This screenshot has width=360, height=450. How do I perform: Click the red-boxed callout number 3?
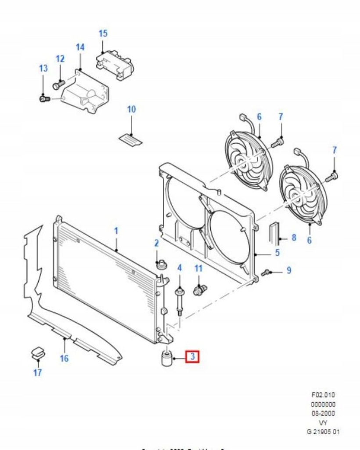click(x=192, y=357)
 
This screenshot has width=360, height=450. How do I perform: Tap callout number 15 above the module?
click(x=103, y=33)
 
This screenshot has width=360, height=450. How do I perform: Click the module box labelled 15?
click(x=115, y=64)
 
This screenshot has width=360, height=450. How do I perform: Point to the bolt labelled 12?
click(x=58, y=85)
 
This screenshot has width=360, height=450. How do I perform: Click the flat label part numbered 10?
click(x=131, y=138)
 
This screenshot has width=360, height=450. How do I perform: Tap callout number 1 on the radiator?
click(x=116, y=230)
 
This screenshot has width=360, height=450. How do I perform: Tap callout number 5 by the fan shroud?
click(x=277, y=253)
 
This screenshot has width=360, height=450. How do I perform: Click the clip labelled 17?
click(x=38, y=353)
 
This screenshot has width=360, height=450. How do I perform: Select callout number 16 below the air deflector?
click(x=64, y=359)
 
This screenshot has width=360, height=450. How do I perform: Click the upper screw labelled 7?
click(x=278, y=142)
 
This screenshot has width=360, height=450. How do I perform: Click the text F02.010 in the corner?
click(x=323, y=395)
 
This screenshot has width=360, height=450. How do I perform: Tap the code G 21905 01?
click(x=323, y=432)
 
